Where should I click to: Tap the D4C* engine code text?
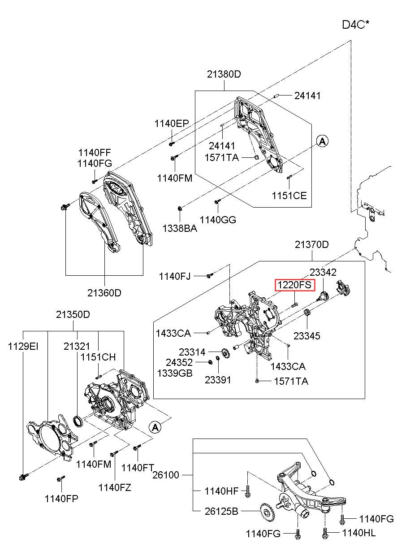tap(356, 25)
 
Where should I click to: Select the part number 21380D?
tap(224, 74)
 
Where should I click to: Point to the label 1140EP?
tap(172, 124)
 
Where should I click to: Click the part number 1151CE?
tap(289, 195)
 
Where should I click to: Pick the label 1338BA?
tap(179, 228)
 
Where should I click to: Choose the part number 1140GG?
tap(218, 220)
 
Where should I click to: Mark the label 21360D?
tap(104, 293)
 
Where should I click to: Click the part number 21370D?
tap(312, 245)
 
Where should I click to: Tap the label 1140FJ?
tap(175, 277)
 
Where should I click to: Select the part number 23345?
tap(307, 335)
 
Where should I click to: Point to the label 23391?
tap(218, 380)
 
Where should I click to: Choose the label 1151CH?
tap(98, 357)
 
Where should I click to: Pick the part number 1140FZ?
tap(115, 487)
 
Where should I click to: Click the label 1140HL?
tap(359, 533)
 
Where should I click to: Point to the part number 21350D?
tap(73, 315)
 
